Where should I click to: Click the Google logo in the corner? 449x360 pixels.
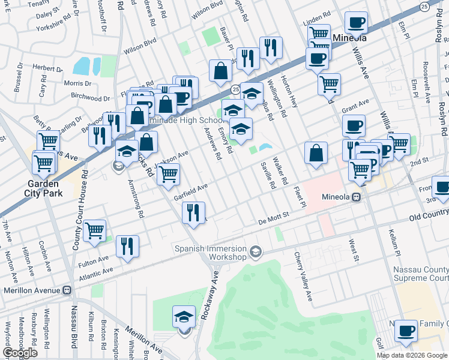pos(20,353)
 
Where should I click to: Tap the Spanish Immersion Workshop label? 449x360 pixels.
pos(210,253)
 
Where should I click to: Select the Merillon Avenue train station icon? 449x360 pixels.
pos(67,290)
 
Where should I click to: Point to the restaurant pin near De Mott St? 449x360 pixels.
pos(194,214)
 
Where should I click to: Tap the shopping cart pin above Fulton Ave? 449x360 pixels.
pos(95,231)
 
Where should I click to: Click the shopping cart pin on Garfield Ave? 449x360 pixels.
pos(168,175)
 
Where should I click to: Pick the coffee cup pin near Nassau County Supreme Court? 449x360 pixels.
pos(406,331)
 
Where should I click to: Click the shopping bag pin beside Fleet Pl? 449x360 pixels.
pos(316,153)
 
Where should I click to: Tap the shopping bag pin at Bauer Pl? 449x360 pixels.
pos(221,71)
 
